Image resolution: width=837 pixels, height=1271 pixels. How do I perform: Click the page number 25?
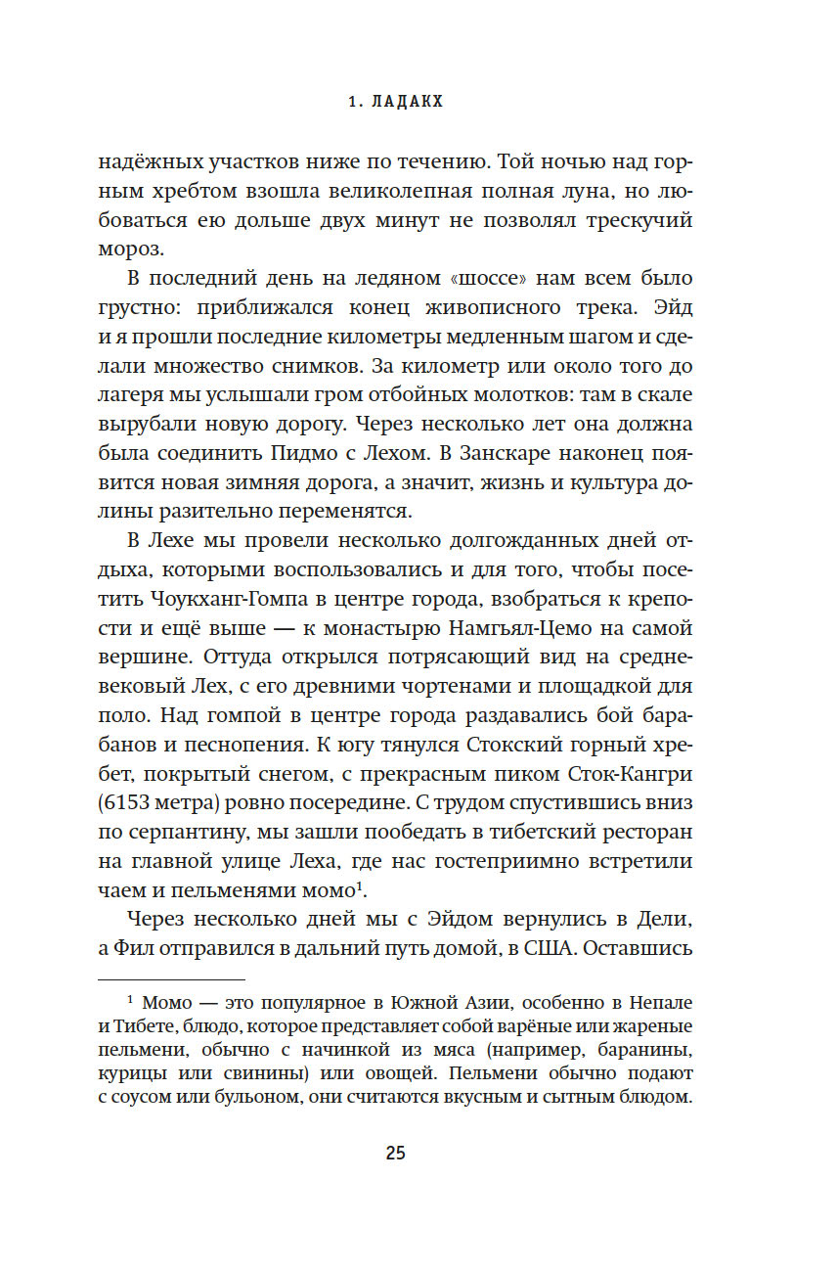click(x=395, y=1153)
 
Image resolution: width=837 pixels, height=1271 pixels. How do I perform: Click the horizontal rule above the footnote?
click(x=172, y=979)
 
